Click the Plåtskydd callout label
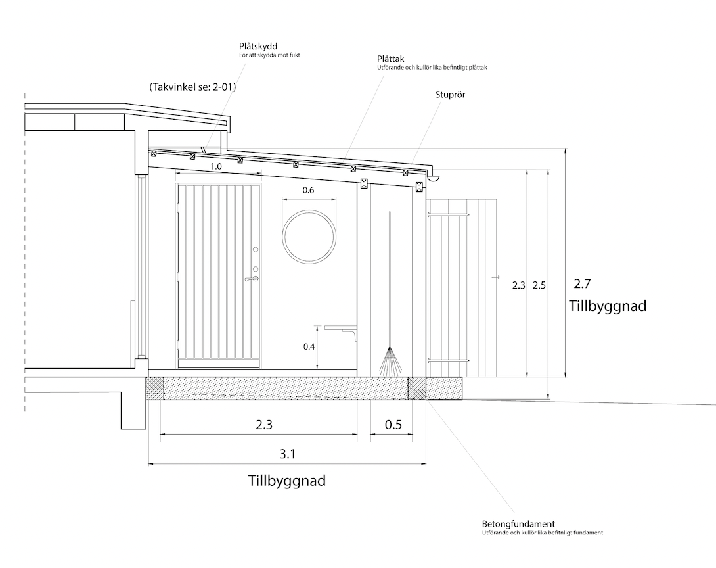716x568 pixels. pyautogui.click(x=258, y=47)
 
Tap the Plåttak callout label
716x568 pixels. pyautogui.click(x=390, y=59)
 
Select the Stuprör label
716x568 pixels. pyautogui.click(x=450, y=95)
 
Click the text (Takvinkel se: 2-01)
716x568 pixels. pyautogui.click(x=192, y=87)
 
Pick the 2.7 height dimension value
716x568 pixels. pyautogui.click(x=582, y=284)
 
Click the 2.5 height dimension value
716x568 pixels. pyautogui.click(x=539, y=285)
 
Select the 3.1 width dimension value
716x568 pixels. pyautogui.click(x=288, y=454)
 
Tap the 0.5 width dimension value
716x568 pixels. pyautogui.click(x=393, y=425)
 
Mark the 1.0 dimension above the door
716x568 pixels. pyautogui.click(x=216, y=167)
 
